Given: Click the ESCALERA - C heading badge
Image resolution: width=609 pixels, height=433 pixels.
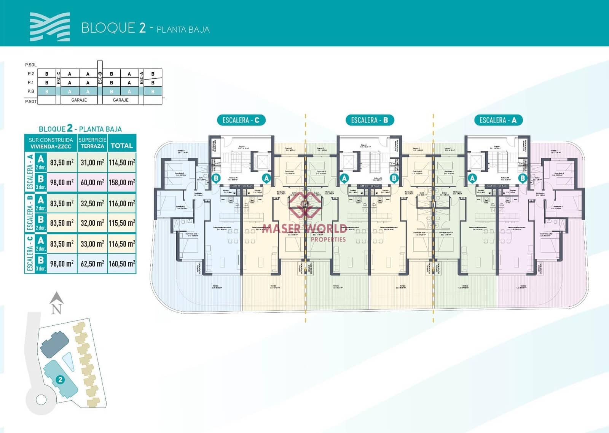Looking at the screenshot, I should pos(241,120).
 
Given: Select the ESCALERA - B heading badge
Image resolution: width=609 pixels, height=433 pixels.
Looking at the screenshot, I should pos(369,120).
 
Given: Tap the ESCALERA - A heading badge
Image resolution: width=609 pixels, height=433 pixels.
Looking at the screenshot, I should pos(498,120).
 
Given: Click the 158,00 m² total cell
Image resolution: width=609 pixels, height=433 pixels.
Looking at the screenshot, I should pos(122,183).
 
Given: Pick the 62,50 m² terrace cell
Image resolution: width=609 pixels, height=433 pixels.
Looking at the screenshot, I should pos(92,264).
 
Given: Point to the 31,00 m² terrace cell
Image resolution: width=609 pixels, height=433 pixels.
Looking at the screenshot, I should pos(92,162).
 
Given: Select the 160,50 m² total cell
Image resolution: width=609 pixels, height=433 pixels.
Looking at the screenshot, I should pos(122,264).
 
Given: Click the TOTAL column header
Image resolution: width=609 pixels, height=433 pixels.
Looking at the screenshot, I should pos(122,146).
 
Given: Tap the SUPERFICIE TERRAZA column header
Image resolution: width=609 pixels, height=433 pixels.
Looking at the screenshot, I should pos(92,143).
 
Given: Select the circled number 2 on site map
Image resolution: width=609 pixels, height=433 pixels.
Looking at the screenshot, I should pos(60,379).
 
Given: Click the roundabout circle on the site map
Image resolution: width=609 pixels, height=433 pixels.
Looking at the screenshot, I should pos(41,400).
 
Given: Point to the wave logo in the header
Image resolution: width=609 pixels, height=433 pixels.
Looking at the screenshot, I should pos(50,27).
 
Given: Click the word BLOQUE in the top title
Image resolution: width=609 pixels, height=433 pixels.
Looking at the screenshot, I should pos(108,28).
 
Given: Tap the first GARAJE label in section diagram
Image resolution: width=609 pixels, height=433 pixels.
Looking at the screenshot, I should pos(79,100).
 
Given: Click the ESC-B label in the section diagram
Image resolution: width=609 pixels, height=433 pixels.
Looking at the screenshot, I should pos(100,78).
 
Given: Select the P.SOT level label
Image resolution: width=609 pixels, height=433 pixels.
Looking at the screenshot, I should pos(31,102).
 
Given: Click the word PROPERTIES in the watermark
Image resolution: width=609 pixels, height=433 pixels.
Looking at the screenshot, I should pos(328,239).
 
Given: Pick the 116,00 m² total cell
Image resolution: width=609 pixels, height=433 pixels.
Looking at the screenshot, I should pos(122,204).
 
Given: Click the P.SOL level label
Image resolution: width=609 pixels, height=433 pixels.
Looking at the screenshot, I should pos(31,65).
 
